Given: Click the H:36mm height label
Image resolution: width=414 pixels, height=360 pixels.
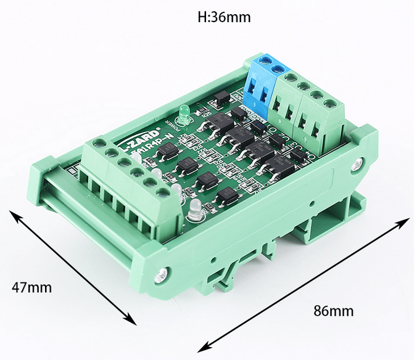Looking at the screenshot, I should pyautogui.click(x=224, y=17).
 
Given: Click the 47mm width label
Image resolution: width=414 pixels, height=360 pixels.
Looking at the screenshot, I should pyautogui.click(x=31, y=287).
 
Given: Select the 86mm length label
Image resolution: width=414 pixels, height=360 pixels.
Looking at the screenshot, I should pyautogui.click(x=333, y=310).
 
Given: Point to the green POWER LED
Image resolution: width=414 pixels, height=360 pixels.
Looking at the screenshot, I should pyautogui.click(x=183, y=112).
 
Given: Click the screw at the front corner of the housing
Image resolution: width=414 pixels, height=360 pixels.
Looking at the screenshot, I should pyautogui.click(x=162, y=274).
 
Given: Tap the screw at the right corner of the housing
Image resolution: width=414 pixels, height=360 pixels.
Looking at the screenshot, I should pyautogui.click(x=356, y=164).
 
